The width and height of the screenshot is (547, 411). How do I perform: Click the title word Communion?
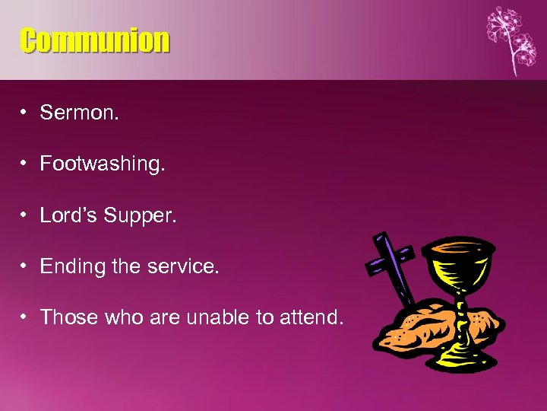coord(95,40)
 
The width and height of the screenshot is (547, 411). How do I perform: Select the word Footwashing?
coord(102,164)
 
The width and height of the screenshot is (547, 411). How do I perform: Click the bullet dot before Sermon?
coord(25,113)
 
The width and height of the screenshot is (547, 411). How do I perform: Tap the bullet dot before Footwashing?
coord(25,164)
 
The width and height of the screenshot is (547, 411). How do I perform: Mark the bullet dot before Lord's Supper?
coord(25,215)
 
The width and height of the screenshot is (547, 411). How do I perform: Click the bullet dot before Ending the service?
coord(25,266)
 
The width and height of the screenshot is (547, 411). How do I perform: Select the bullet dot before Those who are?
coord(25,317)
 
